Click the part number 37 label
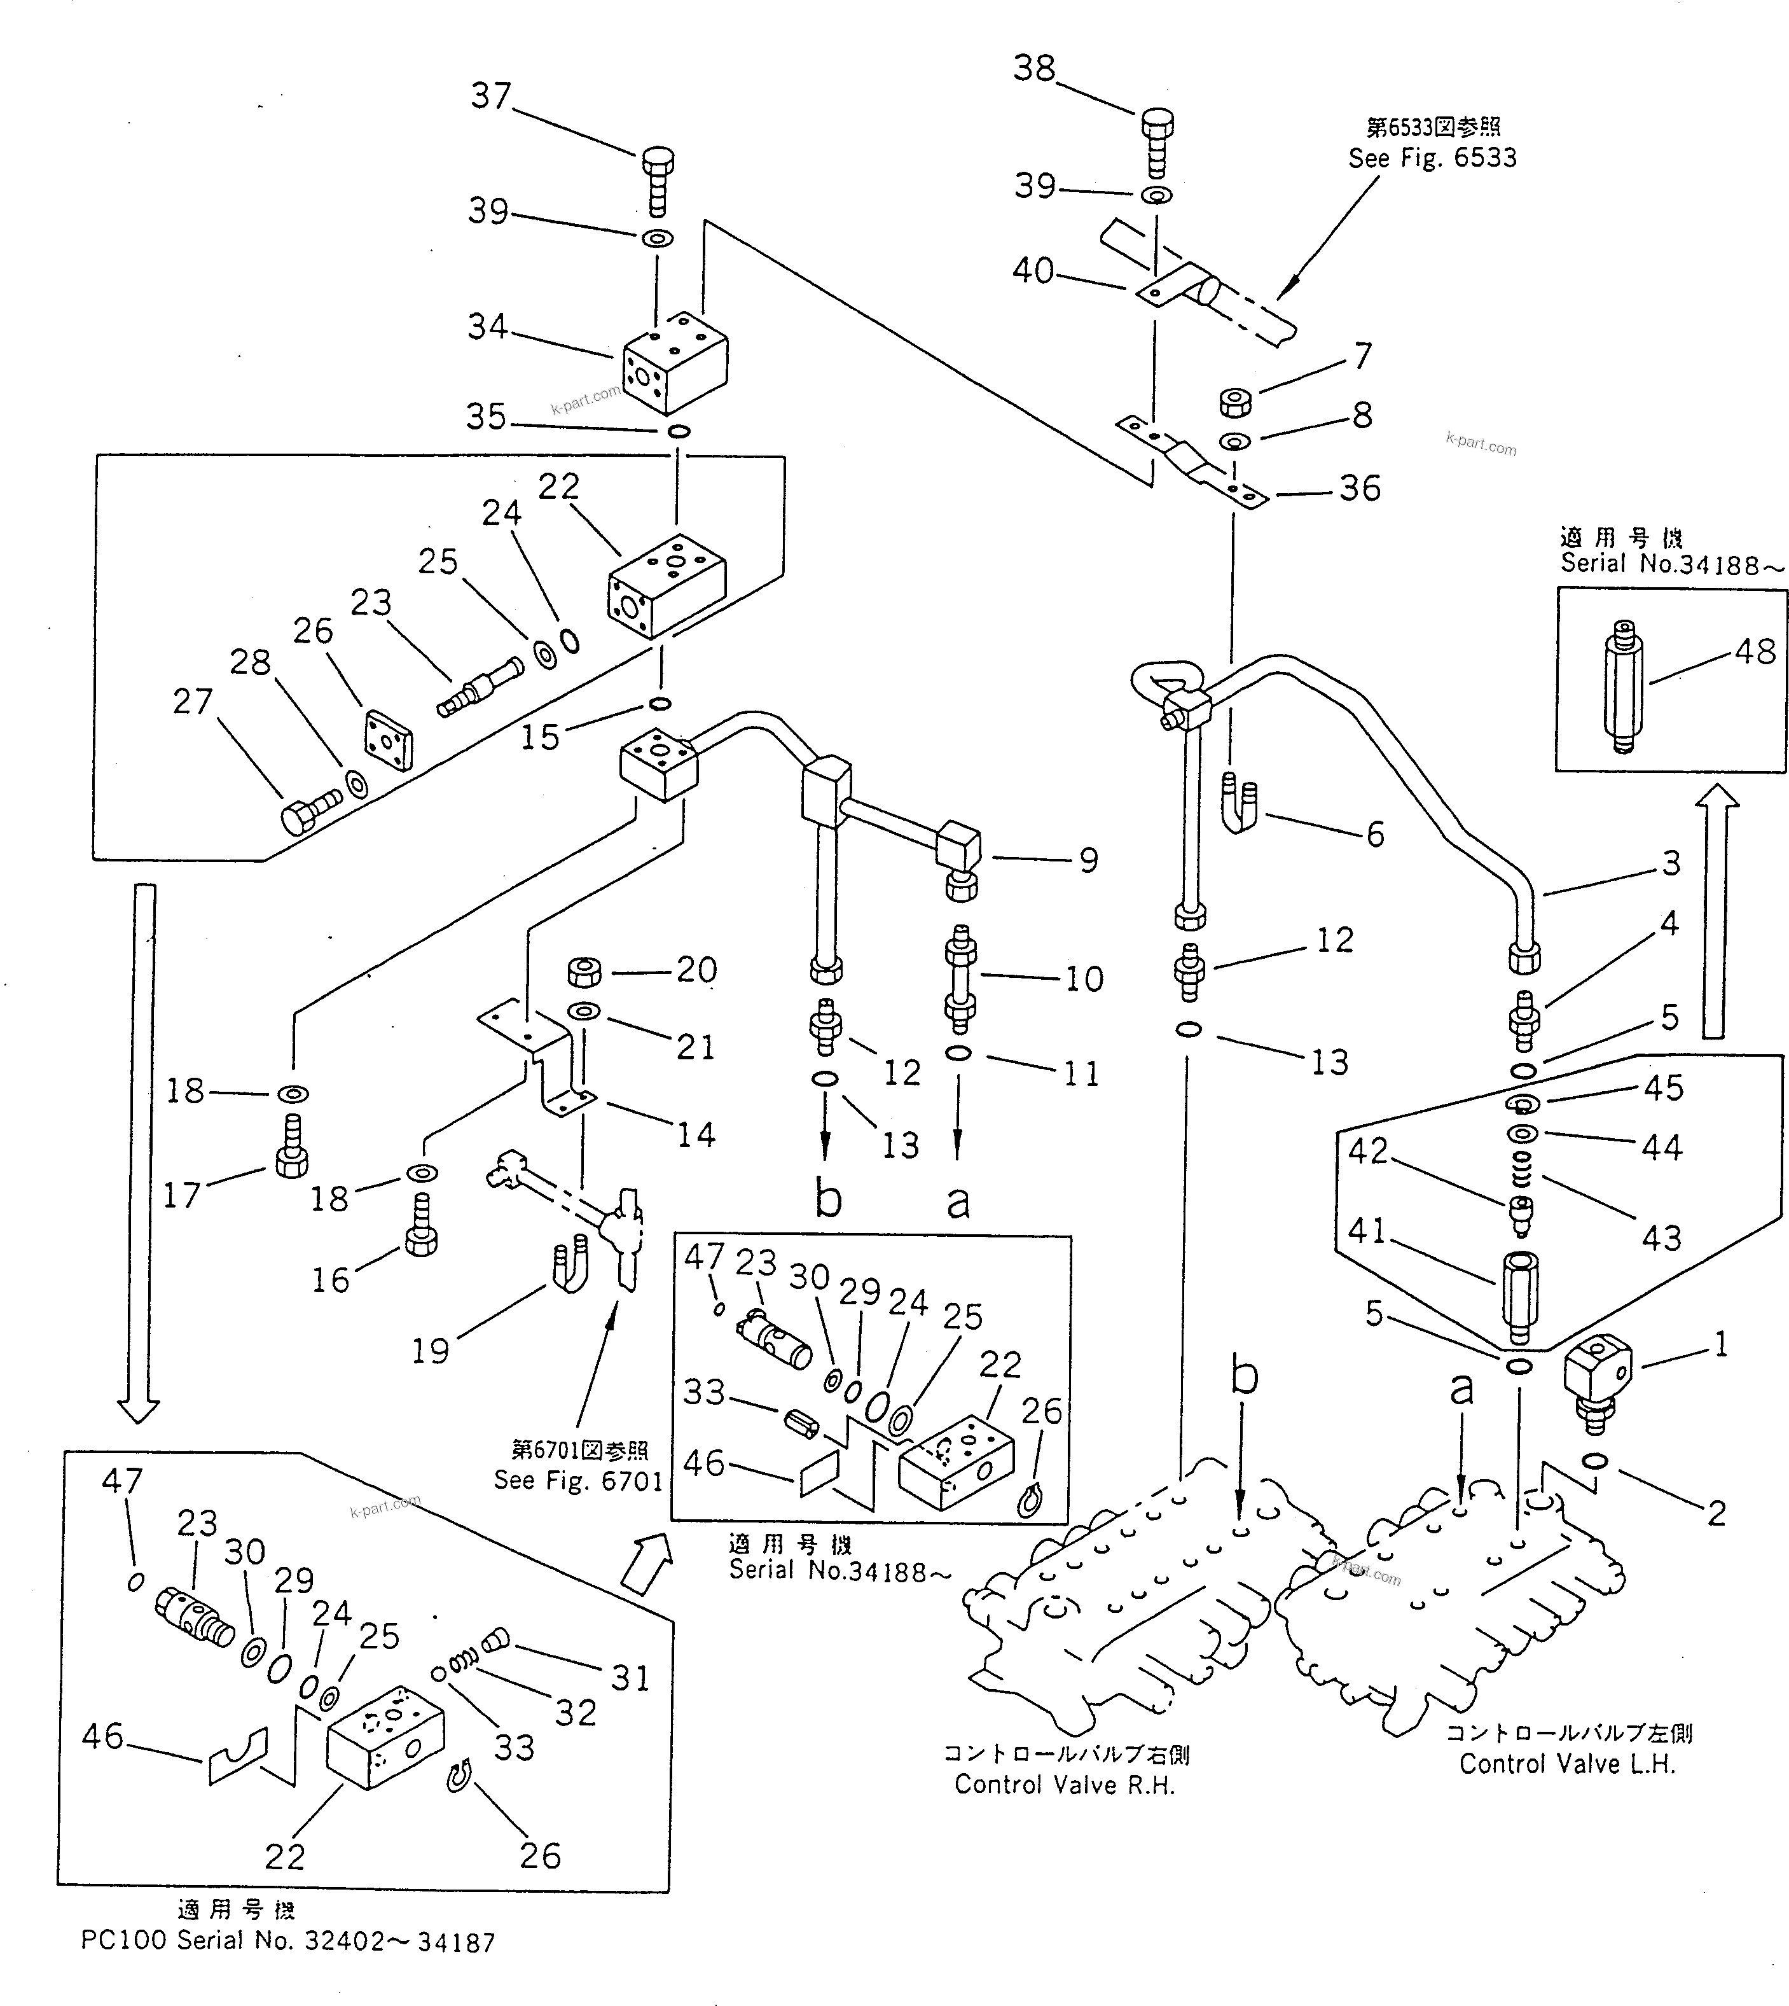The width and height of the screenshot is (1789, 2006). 490,96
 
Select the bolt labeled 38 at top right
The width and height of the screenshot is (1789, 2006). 1157,137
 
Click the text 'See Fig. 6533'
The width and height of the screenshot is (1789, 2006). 1432,158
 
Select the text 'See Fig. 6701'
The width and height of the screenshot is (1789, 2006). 578,1481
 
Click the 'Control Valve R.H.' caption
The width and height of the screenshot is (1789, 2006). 1065,1785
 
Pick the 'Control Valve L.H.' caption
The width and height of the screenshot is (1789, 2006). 1567,1764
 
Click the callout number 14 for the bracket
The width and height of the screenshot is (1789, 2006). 695,1136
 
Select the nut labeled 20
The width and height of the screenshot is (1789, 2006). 585,973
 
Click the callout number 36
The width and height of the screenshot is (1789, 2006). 1360,489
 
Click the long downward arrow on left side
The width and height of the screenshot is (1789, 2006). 144,1150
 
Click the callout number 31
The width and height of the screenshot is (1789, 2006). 630,1678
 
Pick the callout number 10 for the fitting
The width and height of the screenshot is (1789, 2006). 1084,979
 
